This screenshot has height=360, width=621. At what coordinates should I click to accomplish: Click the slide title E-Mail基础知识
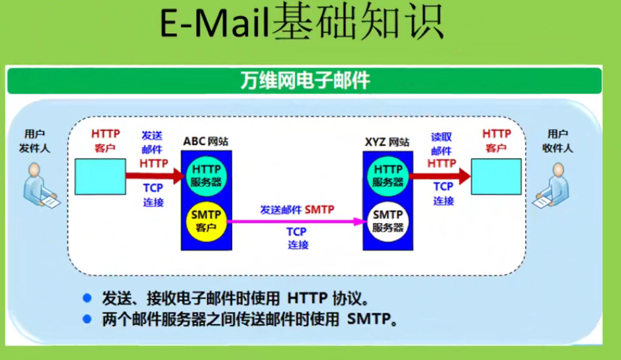(302, 24)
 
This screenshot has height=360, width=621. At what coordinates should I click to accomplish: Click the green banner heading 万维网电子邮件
(304, 81)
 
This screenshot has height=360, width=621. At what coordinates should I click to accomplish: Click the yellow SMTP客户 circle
(206, 221)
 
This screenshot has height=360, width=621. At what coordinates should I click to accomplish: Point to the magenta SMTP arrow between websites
(298, 222)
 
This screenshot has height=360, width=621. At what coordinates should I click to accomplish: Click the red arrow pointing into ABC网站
(159, 176)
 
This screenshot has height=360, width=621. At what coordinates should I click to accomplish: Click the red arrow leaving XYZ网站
(440, 176)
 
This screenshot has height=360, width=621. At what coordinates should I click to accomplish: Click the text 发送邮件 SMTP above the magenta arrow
(297, 209)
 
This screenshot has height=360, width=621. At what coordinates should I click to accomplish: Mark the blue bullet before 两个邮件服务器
(86, 320)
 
